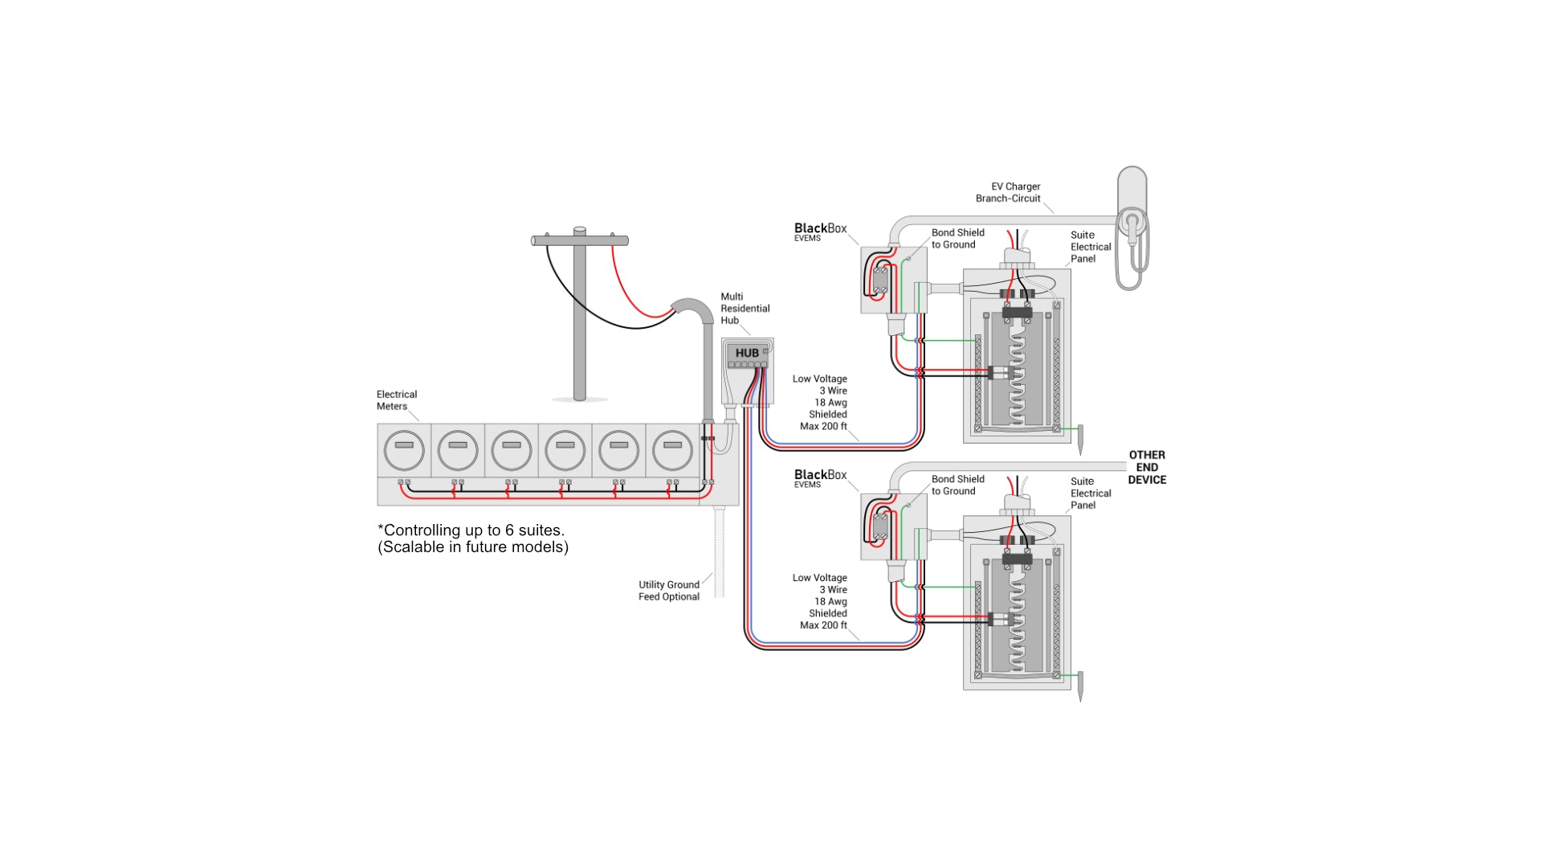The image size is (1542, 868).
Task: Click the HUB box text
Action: [x=747, y=353]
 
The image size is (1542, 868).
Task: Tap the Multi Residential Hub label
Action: [x=744, y=309]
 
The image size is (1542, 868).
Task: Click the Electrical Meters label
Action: [x=396, y=400]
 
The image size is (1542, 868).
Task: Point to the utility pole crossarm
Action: [x=580, y=240]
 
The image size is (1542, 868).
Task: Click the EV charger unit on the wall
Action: [x=1132, y=225]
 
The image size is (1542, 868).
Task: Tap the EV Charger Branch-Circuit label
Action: [x=1009, y=192]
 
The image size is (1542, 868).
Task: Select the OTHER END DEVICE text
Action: [x=1147, y=467]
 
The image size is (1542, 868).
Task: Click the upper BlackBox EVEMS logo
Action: [x=820, y=231]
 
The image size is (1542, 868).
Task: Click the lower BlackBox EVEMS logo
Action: [x=820, y=478]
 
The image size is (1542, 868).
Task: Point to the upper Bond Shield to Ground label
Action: [x=957, y=239]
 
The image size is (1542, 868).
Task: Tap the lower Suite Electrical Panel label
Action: [x=1090, y=493]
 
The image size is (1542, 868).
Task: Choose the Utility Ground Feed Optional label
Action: [x=668, y=591]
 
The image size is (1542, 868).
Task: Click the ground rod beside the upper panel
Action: [x=1080, y=440]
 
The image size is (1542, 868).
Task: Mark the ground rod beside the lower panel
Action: [x=1080, y=686]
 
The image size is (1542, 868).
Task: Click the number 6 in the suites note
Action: [x=509, y=530]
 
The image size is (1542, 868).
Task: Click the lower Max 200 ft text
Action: [x=823, y=625]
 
